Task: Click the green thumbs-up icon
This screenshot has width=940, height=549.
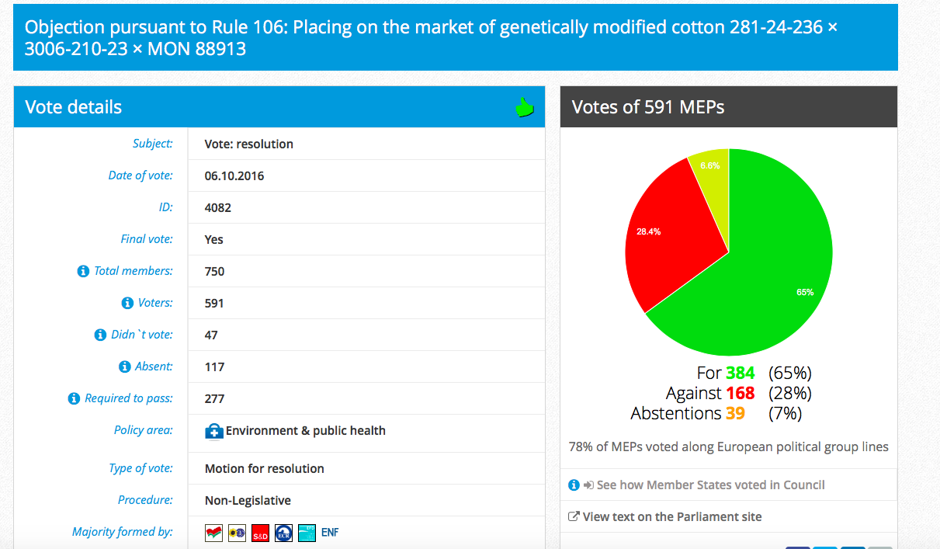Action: click(525, 107)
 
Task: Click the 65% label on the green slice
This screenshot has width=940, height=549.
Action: click(805, 292)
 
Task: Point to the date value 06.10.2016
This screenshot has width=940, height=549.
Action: click(234, 175)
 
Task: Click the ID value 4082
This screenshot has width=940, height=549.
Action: click(218, 208)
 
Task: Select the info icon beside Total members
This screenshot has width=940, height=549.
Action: click(83, 271)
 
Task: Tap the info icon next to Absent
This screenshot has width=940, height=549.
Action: click(125, 367)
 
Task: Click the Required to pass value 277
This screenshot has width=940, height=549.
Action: click(214, 398)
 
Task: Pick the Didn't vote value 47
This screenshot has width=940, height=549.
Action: click(211, 335)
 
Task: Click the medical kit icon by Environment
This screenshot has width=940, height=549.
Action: click(214, 431)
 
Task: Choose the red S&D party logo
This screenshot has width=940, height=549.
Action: click(260, 533)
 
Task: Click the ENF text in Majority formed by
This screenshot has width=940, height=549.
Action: click(330, 533)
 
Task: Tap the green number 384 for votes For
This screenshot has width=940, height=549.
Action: click(741, 373)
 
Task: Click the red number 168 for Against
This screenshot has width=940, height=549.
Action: click(741, 393)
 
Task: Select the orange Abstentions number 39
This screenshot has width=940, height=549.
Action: click(735, 413)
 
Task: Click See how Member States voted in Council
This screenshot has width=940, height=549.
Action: click(710, 485)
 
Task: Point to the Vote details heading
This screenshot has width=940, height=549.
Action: click(74, 107)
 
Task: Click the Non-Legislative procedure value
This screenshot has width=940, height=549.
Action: click(248, 500)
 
